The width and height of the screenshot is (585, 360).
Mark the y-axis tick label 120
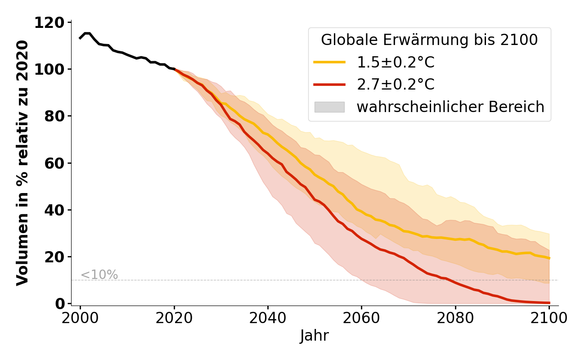pyautogui.click(x=50, y=22)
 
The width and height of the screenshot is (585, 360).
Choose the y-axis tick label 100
pyautogui.click(x=50, y=69)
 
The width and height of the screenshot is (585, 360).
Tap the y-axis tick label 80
pyautogui.click(x=55, y=116)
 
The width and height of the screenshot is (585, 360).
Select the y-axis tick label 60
pyautogui.click(x=55, y=163)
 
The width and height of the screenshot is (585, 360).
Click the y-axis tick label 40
pyautogui.click(x=55, y=210)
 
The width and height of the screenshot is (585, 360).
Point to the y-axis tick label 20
pyautogui.click(x=55, y=256)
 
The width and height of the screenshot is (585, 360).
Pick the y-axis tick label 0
pyautogui.click(x=60, y=303)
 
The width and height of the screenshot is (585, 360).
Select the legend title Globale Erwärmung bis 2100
pyautogui.click(x=429, y=40)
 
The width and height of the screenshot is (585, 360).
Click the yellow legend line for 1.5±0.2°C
pyautogui.click(x=329, y=62)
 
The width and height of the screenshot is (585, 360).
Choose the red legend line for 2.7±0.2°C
pyautogui.click(x=329, y=85)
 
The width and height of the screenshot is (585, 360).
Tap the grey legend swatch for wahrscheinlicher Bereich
pyautogui.click(x=329, y=107)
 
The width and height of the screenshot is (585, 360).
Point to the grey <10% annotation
pyautogui.click(x=99, y=274)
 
